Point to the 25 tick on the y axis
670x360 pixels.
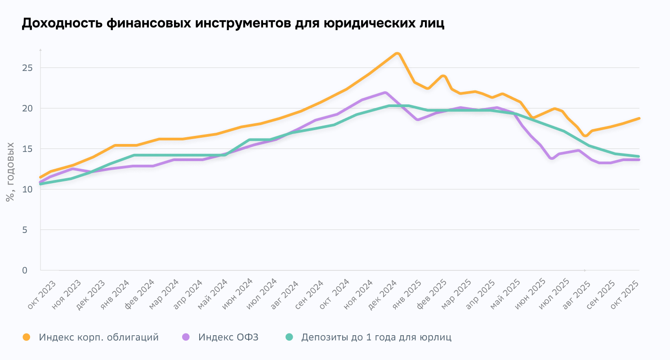(x=28, y=68)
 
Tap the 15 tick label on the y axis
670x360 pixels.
(x=28, y=149)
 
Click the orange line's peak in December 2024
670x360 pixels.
(x=397, y=54)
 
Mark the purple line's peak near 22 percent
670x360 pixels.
(x=385, y=93)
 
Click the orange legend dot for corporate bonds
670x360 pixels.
(x=27, y=337)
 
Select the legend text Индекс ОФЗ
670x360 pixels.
(x=228, y=337)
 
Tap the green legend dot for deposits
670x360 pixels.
(x=289, y=337)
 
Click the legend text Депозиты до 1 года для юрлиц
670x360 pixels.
(x=376, y=337)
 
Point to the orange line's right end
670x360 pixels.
(x=639, y=118)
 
